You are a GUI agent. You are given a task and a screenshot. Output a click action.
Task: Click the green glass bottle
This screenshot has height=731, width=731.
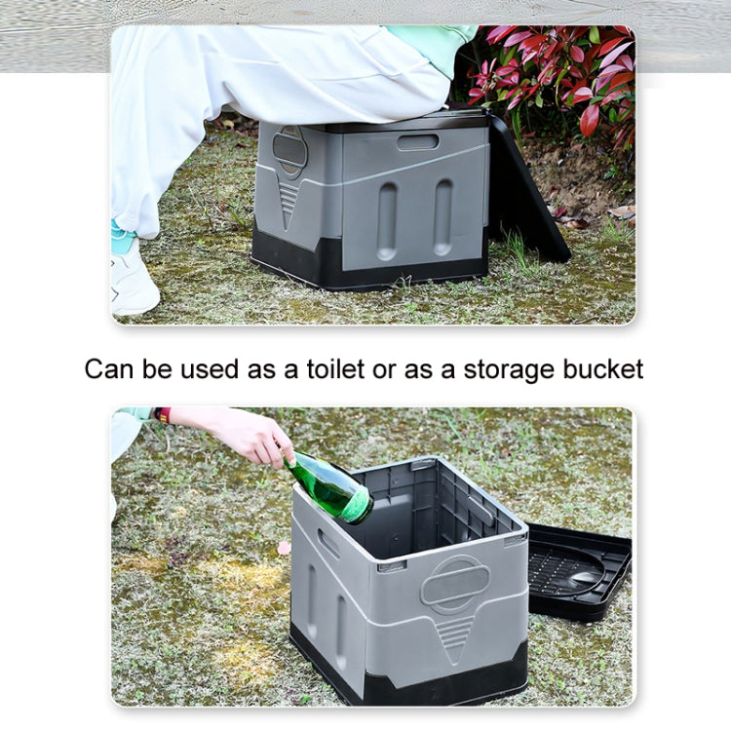(330, 486)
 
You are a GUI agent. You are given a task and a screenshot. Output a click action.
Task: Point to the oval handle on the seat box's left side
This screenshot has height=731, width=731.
(289, 151)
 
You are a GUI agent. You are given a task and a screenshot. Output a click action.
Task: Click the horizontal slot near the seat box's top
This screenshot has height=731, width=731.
(417, 142)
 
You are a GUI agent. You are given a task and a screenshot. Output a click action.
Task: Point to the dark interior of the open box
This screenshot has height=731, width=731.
(439, 507)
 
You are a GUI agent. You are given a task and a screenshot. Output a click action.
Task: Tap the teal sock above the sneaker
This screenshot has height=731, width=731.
(123, 239)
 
